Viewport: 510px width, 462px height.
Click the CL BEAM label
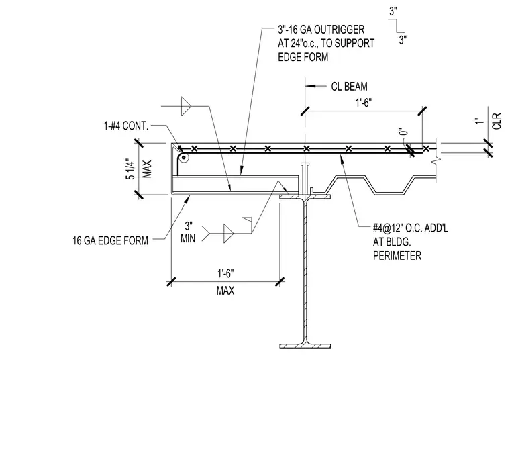point(350,87)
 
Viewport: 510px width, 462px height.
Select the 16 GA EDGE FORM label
point(110,240)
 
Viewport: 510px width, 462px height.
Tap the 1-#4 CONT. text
point(126,126)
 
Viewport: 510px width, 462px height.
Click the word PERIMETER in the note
point(397,256)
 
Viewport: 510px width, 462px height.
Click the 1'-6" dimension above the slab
point(363,103)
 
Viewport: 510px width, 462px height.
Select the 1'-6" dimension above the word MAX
point(225,273)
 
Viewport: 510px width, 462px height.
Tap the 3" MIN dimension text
point(188,232)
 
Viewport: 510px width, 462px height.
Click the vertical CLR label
point(497,121)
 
